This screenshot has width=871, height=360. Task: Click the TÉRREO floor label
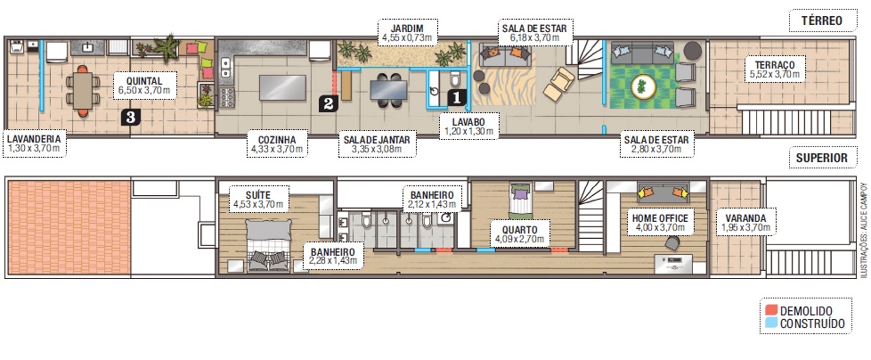(822, 21)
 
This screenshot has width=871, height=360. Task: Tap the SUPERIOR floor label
(822, 158)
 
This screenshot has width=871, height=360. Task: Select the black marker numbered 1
(456, 98)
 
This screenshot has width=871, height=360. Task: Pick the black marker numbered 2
(327, 102)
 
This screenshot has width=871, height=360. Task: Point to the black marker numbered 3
(130, 117)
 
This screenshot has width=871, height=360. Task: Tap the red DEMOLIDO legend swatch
(770, 310)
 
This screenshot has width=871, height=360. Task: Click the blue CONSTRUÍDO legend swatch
(770, 323)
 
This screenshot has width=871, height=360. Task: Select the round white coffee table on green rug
(643, 86)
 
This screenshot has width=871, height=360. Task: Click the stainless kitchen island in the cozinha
(282, 88)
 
